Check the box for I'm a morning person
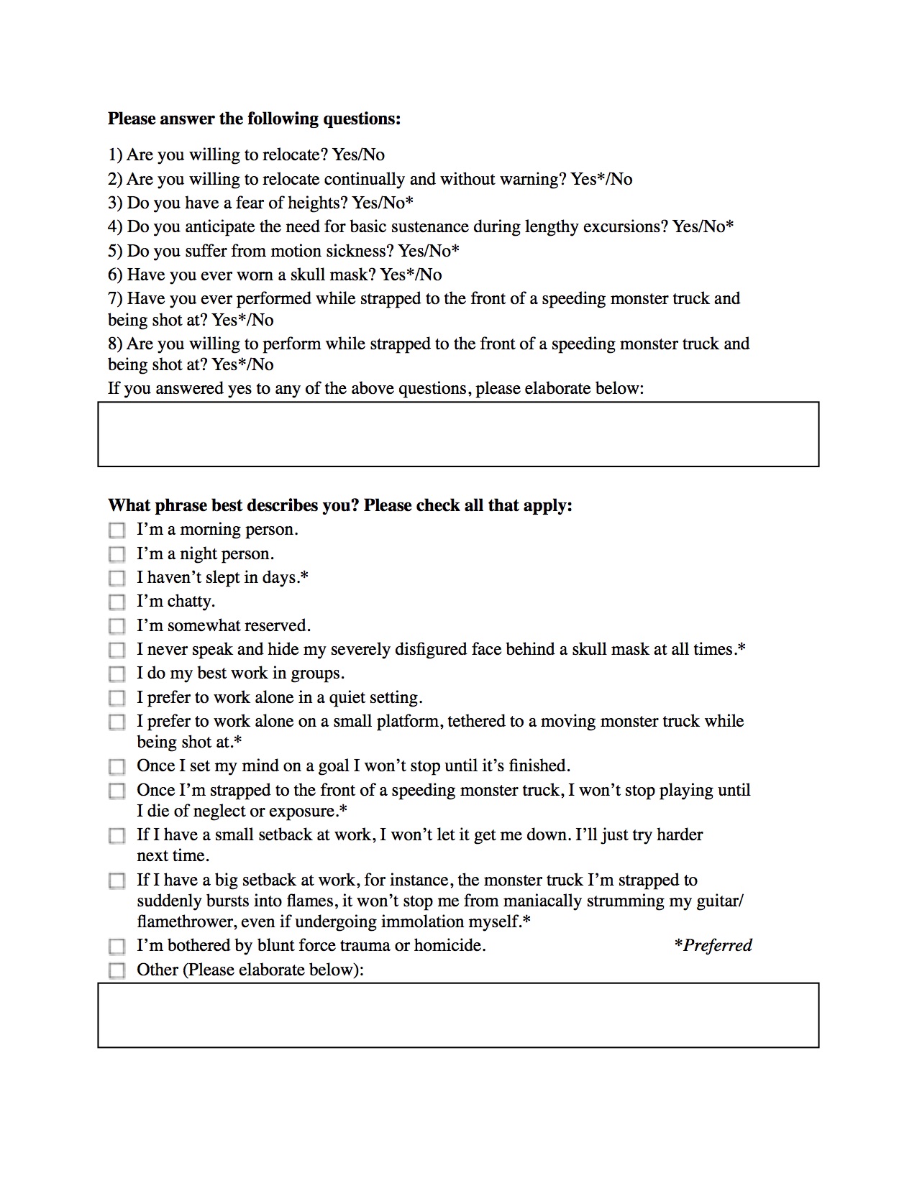click(117, 530)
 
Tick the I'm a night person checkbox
click(117, 554)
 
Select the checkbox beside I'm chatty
click(117, 602)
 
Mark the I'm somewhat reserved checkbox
click(117, 626)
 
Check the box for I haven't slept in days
click(117, 578)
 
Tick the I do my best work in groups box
click(117, 674)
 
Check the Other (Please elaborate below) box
click(117, 970)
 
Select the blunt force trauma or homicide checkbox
click(117, 946)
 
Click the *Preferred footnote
click(713, 945)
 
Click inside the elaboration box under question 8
click(458, 434)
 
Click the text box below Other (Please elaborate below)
click(458, 1015)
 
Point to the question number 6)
click(116, 275)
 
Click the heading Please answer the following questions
click(254, 119)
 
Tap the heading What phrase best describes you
click(339, 505)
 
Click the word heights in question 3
click(316, 203)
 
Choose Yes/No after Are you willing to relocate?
click(358, 155)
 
